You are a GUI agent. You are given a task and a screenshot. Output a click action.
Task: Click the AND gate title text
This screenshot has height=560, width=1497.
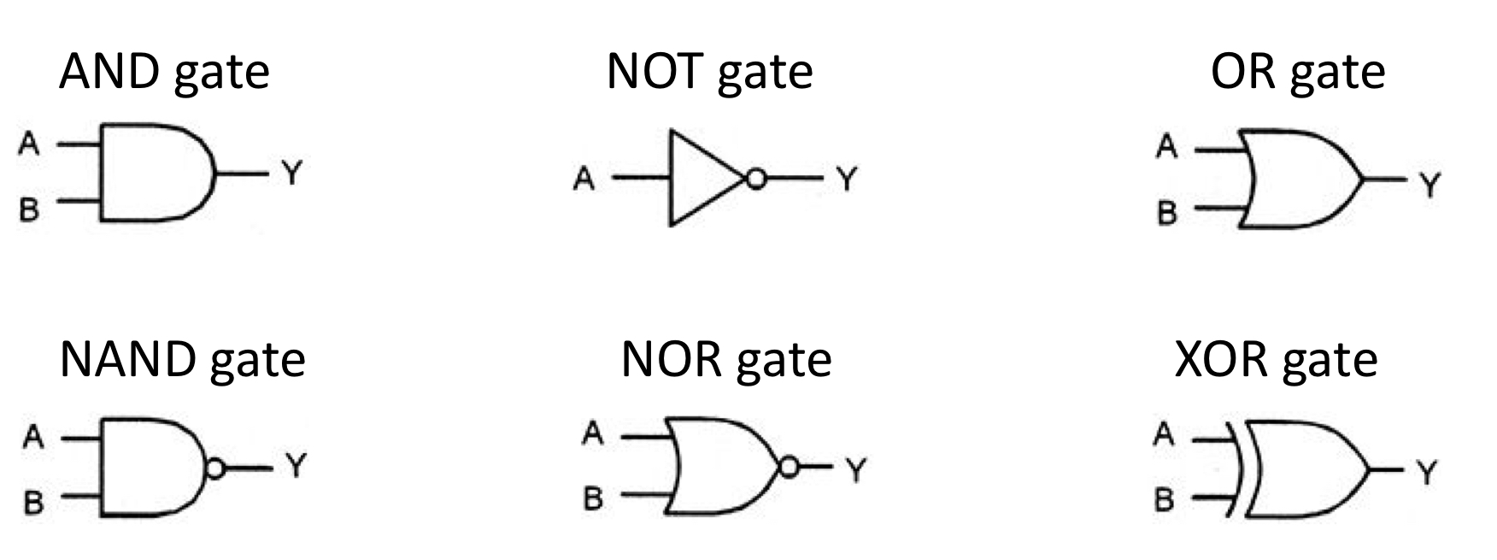[x=164, y=72]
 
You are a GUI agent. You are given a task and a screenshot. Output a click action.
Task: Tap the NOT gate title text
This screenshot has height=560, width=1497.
[x=709, y=72]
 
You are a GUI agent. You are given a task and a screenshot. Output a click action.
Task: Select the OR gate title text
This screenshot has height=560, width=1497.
[x=1297, y=72]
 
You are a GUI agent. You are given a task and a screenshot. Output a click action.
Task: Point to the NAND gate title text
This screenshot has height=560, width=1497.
[x=182, y=360]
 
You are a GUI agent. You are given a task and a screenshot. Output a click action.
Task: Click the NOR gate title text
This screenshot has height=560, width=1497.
[x=725, y=360]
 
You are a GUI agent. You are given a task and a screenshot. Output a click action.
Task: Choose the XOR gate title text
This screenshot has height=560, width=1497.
[x=1276, y=360]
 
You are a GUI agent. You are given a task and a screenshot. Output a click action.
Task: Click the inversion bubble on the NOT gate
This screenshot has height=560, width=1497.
[x=755, y=179]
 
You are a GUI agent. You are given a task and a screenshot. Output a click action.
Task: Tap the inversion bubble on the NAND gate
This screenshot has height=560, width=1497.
[x=215, y=468]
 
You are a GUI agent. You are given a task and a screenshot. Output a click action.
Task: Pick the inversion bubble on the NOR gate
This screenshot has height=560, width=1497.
[x=789, y=467]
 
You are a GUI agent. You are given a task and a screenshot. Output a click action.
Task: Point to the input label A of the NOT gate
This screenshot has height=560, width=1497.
[x=584, y=180]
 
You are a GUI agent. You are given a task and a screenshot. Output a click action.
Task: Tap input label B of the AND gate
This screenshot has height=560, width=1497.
[x=29, y=209]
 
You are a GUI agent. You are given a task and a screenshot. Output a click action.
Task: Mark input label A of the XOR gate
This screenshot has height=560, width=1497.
[x=1164, y=435]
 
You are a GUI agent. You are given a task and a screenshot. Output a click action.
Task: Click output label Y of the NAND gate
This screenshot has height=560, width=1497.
[x=295, y=466]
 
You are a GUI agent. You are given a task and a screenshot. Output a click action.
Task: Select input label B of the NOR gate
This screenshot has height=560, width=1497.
[x=593, y=498]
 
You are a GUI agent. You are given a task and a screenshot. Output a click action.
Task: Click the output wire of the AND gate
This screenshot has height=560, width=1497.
[x=244, y=174]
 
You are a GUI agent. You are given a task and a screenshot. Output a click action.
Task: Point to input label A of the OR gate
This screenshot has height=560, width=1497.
[x=1166, y=147]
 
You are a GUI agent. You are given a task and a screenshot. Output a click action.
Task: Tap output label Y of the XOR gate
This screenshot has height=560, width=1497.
[x=1425, y=472]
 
